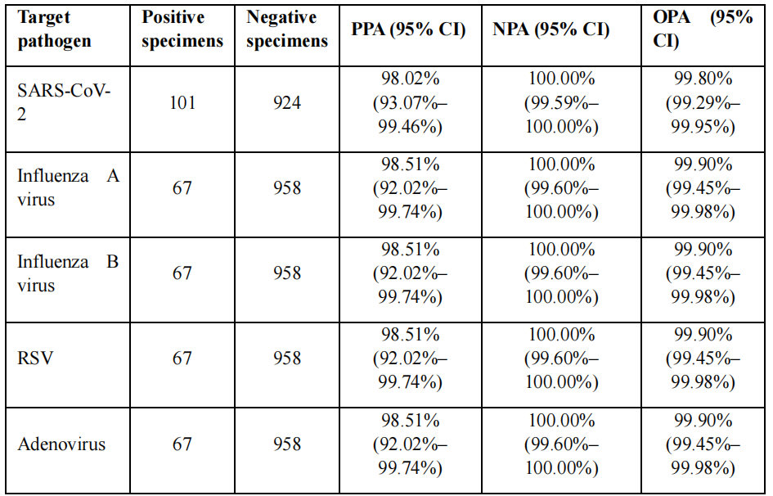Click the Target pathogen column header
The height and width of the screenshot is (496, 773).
[x=54, y=29]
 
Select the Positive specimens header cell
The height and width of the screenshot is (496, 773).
[x=182, y=29]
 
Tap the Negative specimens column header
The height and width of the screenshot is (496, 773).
[x=287, y=29]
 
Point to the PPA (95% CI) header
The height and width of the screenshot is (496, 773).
[x=408, y=29]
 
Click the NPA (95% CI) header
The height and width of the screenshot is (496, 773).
[x=551, y=29]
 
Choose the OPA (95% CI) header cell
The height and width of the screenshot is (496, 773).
[x=703, y=29]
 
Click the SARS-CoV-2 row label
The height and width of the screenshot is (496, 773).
[x=64, y=102]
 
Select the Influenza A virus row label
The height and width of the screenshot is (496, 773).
[x=68, y=188]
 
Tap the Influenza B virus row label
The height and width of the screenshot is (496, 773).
[x=68, y=273]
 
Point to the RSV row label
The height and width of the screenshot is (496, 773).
[x=35, y=358]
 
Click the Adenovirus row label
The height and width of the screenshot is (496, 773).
[x=61, y=444]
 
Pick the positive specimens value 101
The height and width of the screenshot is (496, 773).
[x=182, y=102]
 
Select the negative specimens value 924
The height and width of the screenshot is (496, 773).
[x=287, y=102]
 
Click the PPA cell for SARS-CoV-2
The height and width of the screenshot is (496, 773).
[x=410, y=102]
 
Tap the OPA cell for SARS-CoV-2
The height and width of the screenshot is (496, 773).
[x=703, y=102]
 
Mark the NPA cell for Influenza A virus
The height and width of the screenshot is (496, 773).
[x=561, y=188]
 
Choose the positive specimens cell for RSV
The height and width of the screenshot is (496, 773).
[x=182, y=358]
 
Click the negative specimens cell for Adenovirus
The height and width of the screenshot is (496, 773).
[x=287, y=444]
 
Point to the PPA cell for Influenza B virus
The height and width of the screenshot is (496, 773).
[x=410, y=273]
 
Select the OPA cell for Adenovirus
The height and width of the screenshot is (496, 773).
[x=703, y=444]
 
